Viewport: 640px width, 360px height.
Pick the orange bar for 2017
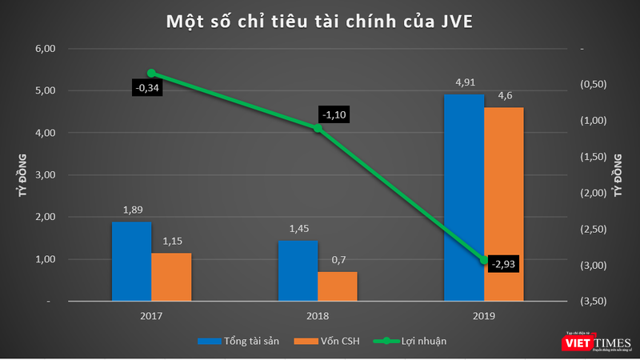point(171,277)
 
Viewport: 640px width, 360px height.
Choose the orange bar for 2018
point(338,286)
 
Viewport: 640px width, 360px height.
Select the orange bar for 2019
point(503,204)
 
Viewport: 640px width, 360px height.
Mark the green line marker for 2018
point(318,128)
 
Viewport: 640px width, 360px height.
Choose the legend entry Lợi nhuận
point(417,341)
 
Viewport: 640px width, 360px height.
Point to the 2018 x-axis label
point(318,316)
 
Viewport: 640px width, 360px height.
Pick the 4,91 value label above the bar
point(464,80)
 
